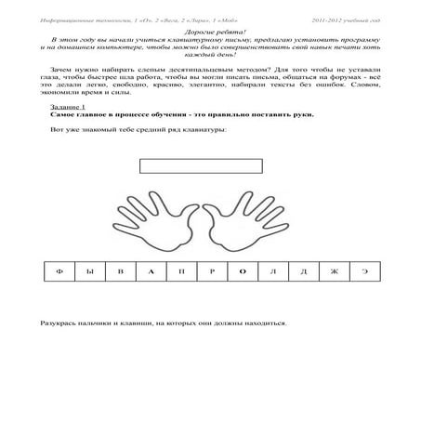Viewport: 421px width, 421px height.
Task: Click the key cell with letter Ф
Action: click(x=59, y=273)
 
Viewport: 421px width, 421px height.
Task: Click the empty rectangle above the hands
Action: click(x=200, y=167)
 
